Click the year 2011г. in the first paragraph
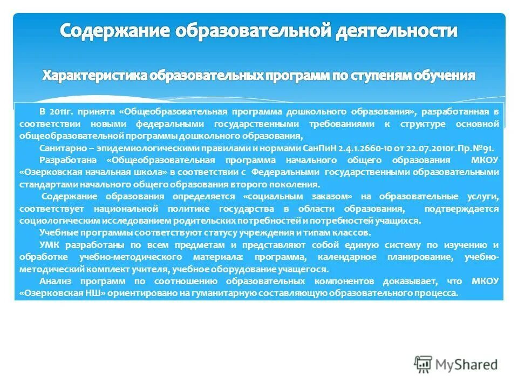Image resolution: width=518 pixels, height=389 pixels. click(61, 111)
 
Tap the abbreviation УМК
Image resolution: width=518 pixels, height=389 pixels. click(49, 245)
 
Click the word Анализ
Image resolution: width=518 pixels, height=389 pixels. click(54, 281)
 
